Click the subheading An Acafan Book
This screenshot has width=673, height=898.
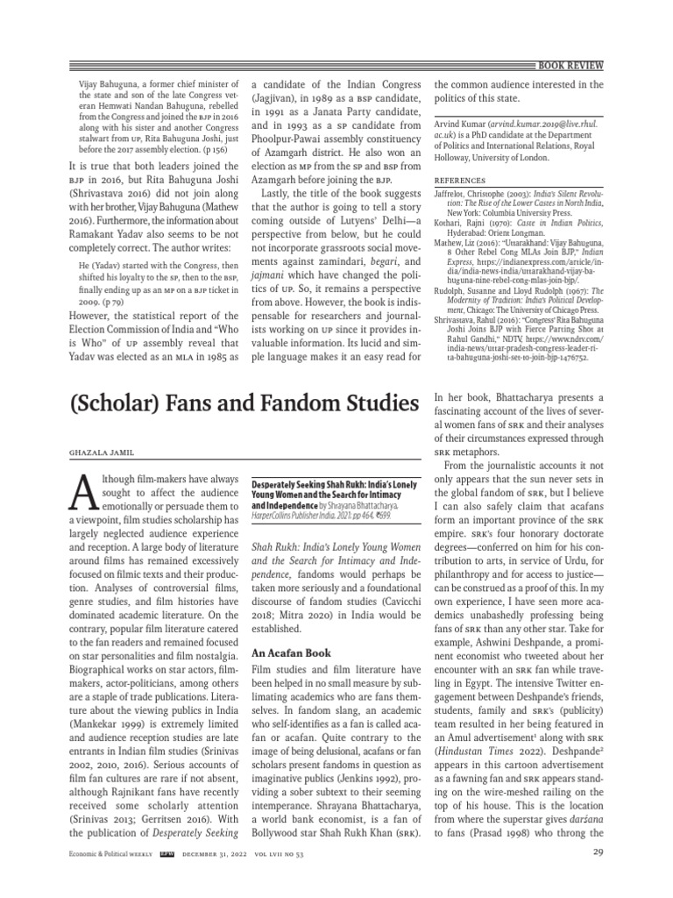290,629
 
